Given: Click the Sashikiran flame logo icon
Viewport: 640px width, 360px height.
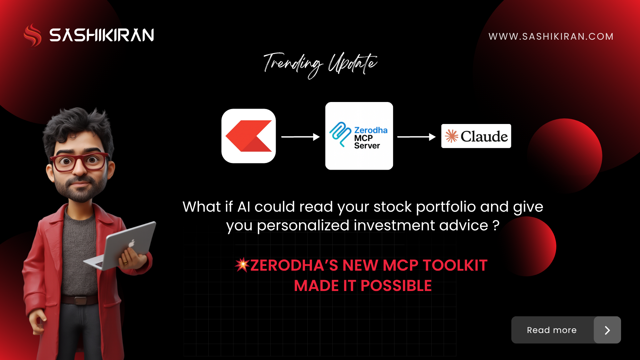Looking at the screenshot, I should click(33, 35).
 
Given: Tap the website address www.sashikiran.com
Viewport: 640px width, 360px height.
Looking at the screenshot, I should click(551, 36).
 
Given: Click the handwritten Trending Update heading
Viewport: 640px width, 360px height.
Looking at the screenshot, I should click(320, 64).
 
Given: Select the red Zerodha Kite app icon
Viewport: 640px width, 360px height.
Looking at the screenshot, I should click(249, 136).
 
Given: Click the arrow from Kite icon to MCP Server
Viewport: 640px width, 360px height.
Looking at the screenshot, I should click(300, 137).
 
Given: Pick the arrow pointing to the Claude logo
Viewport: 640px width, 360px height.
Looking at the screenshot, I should click(416, 137).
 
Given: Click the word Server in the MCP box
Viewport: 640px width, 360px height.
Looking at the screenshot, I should click(367, 146).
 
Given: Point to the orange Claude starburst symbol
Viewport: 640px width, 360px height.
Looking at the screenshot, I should click(452, 136).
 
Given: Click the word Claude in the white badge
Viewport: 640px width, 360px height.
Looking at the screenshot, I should click(484, 136).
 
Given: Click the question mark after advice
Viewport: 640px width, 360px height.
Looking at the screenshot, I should click(496, 226).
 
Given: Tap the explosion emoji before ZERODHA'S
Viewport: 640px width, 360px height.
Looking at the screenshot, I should click(242, 265).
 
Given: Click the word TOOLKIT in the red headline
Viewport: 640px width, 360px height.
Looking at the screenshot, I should click(455, 266).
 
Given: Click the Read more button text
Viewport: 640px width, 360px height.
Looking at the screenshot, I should click(552, 330).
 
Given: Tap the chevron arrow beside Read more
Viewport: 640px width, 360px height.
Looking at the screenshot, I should click(607, 330).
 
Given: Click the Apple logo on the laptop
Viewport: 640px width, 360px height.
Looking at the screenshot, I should click(132, 244).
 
